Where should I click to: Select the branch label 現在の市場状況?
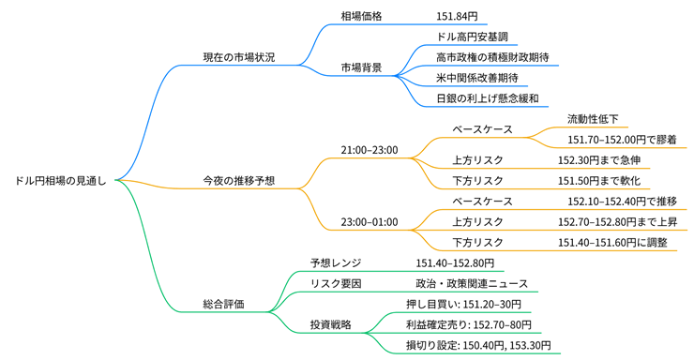click(x=239, y=57)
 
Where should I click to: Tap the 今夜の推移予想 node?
click(x=239, y=180)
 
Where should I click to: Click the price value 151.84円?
click(x=457, y=17)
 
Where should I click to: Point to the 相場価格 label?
click(x=362, y=17)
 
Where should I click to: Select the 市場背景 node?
click(x=362, y=67)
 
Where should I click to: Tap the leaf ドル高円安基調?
click(x=474, y=37)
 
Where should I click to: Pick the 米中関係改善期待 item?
click(x=477, y=78)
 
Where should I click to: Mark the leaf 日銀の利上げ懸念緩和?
click(x=487, y=98)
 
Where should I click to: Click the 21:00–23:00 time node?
click(x=370, y=149)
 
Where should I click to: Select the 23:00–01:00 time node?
click(x=370, y=221)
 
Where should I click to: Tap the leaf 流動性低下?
click(x=593, y=119)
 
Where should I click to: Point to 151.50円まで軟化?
click(x=598, y=180)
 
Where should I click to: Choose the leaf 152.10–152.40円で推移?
click(x=622, y=201)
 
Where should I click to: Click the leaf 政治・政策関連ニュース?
click(x=472, y=283)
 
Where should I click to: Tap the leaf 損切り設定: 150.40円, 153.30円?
click(x=478, y=345)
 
